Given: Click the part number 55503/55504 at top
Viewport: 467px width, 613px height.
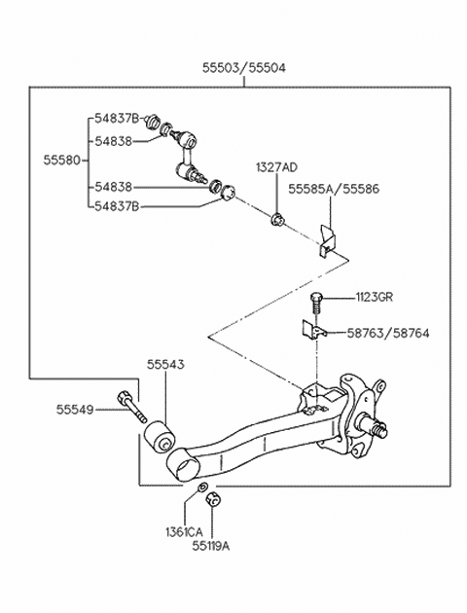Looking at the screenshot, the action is [x=244, y=68].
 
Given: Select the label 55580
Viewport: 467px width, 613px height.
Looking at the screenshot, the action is [x=62, y=161].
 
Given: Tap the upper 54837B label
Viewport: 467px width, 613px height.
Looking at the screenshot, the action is [x=117, y=118].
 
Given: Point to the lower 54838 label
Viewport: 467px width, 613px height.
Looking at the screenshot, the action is [x=113, y=187].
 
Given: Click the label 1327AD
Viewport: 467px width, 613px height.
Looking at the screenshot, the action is [x=276, y=167].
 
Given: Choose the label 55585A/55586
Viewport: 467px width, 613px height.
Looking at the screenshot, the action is [x=334, y=189].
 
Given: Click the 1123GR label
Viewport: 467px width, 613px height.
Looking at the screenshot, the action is [x=375, y=297].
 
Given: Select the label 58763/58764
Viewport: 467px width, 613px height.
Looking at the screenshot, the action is [x=388, y=334].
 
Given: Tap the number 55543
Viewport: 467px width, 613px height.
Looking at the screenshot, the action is [x=165, y=364].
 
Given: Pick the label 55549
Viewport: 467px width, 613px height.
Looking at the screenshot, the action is [x=75, y=410].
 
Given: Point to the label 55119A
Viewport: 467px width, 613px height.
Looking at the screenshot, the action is [x=211, y=546].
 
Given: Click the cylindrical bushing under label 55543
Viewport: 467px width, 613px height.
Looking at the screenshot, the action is [x=159, y=438].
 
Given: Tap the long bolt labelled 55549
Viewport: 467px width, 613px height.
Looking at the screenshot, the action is [x=131, y=407].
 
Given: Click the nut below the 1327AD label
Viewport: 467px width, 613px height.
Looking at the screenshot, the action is [x=277, y=219].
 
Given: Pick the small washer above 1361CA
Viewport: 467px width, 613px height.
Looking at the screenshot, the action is [x=202, y=487].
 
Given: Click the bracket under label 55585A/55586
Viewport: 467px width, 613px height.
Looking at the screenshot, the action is [x=327, y=240].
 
